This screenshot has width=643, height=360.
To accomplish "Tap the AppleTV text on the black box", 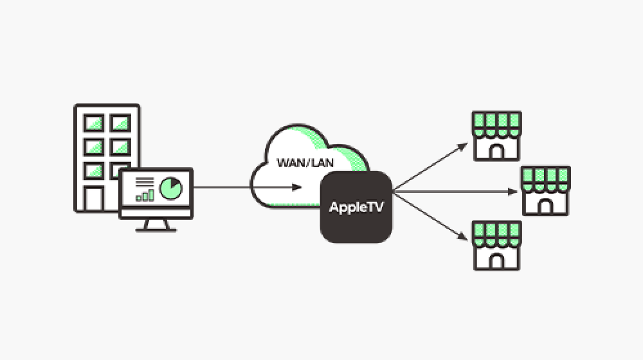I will (357, 207).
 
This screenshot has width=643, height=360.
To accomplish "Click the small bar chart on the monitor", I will (145, 194).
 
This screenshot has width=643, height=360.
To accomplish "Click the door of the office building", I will (94, 198).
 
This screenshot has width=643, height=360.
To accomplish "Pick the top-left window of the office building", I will (95, 122).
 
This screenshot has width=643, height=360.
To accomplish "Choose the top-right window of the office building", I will (120, 122).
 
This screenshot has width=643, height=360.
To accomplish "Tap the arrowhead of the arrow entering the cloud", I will (297, 188).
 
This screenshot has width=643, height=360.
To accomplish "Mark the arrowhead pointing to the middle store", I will (513, 191).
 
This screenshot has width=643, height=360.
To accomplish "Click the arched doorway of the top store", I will (496, 150).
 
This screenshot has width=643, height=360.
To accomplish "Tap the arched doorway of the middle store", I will (545, 206).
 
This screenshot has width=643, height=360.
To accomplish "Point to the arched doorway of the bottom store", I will (496, 260).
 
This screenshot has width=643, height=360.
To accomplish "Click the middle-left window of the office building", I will (95, 147).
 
